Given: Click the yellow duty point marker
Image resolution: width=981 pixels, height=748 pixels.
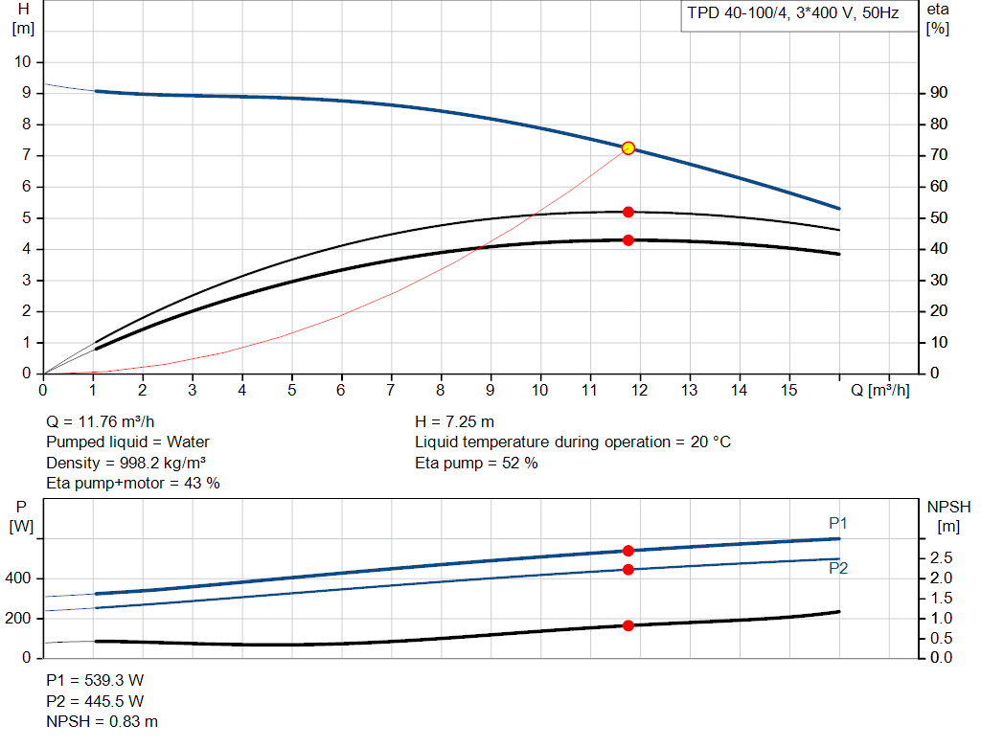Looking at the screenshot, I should (x=628, y=148).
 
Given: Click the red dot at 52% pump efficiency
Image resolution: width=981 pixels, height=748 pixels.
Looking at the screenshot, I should (x=628, y=212).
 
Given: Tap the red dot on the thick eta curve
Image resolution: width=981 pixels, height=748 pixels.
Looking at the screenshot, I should (x=628, y=240).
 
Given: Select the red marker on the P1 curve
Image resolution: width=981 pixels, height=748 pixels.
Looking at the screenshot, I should (x=628, y=551).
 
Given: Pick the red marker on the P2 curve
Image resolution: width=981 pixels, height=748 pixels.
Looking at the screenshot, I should (x=628, y=570).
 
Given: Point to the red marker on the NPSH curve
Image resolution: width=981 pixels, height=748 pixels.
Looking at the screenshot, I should (x=628, y=625).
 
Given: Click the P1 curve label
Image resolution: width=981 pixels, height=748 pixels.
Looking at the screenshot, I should (x=838, y=523).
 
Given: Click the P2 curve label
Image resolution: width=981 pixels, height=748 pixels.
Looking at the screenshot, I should (x=838, y=568).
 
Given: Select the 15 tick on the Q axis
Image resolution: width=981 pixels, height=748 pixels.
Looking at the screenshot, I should (x=789, y=391).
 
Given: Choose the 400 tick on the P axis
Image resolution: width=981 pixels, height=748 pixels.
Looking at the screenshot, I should (x=20, y=578).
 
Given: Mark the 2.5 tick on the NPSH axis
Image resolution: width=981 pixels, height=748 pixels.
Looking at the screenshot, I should (x=942, y=557).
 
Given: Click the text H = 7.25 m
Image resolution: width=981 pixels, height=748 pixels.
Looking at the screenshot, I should (x=454, y=421).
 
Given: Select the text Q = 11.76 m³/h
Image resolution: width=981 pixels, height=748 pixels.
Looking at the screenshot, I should (x=100, y=421).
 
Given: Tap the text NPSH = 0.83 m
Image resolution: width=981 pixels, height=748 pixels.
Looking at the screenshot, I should (x=103, y=721).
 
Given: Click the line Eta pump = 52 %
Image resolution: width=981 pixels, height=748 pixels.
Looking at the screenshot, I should (x=476, y=463).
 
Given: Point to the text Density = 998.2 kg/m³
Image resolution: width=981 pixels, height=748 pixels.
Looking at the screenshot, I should (x=126, y=463).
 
